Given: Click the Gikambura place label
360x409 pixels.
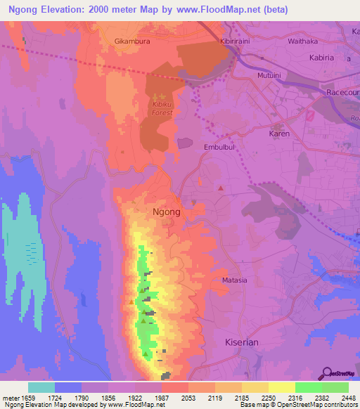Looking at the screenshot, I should point(132,41).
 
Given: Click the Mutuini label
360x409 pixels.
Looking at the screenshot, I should point(269,72).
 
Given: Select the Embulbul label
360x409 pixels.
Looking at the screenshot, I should point(219,148).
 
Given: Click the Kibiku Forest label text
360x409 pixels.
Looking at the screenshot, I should point(162,108).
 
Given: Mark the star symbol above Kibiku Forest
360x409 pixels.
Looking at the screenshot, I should point(163,96).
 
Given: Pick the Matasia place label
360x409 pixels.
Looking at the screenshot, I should point(234,280).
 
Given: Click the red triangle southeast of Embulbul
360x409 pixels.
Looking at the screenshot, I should point(220,188).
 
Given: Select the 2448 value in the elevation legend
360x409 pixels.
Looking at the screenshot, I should point(344,398).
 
